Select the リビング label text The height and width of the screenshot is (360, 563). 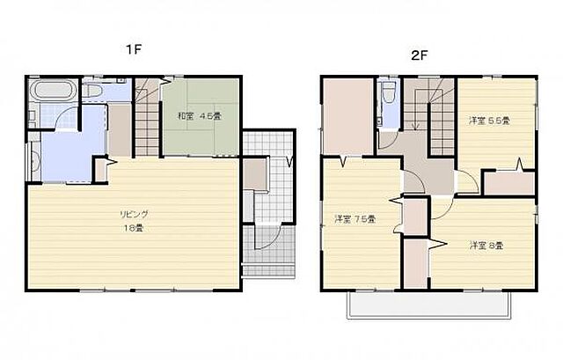pos(135,214)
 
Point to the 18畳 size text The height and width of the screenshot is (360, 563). pos(135,228)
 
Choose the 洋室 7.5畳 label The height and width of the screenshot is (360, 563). pos(355,218)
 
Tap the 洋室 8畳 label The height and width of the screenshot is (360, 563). pos(486,245)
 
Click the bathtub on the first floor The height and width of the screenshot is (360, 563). pos(53,92)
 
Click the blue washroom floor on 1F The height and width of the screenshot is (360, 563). pos(66,145)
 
